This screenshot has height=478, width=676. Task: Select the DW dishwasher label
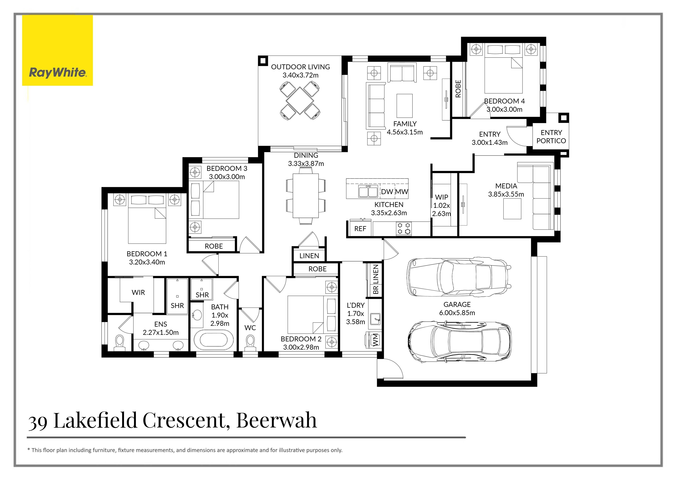pyautogui.click(x=387, y=192)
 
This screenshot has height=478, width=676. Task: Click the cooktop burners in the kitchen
pyautogui.click(x=404, y=229)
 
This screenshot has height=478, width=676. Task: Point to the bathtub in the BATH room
pyautogui.click(x=214, y=340)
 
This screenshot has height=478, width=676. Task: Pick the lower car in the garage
pyautogui.click(x=459, y=341)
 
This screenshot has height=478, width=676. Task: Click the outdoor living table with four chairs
pyautogui.click(x=299, y=101)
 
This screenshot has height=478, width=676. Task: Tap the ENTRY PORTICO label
pyautogui.click(x=551, y=137)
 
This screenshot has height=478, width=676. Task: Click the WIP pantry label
pyautogui.click(x=441, y=197)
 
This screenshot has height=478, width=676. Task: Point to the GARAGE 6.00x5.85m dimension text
pyautogui.click(x=457, y=313)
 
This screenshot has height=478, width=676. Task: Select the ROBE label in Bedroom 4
pyautogui.click(x=458, y=89)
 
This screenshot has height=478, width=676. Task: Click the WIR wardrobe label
pyautogui.click(x=138, y=293)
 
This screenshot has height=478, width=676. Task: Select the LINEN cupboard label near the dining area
pyautogui.click(x=309, y=256)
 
